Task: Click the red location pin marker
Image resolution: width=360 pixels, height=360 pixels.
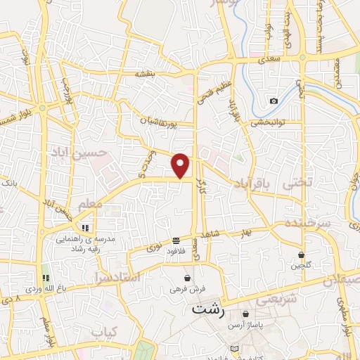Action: (x=181, y=165)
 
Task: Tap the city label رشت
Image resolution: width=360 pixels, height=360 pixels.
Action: (x=207, y=309)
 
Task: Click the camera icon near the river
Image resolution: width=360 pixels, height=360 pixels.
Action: (x=274, y=101)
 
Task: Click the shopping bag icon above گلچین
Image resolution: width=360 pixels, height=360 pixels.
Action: (x=302, y=255)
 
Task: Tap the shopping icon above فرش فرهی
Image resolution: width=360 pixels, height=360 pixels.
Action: (x=186, y=278)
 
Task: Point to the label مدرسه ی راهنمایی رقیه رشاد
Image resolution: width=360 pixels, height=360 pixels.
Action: (x=85, y=243)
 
